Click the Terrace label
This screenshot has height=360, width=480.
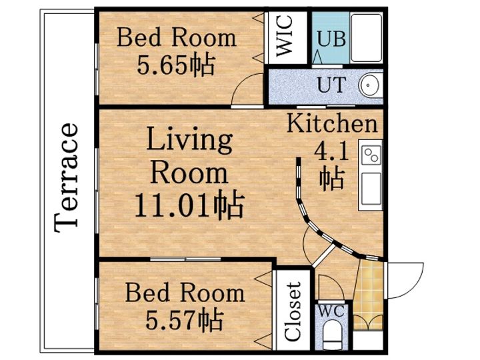point(65,177)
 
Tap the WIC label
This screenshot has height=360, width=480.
point(285,36)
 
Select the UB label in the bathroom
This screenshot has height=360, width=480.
point(331,39)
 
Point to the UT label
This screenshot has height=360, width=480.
point(332,85)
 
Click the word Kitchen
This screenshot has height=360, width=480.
point(332,123)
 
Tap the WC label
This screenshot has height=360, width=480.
point(331,311)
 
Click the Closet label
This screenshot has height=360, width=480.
point(293,311)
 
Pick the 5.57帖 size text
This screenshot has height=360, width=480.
point(184,321)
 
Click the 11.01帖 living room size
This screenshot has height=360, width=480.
point(189,205)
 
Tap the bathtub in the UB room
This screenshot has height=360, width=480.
point(367,37)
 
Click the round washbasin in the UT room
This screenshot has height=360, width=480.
point(369,85)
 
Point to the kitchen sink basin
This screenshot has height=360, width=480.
point(371,189)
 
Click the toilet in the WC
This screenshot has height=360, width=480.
point(332,334)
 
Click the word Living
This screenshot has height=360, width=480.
point(189,139)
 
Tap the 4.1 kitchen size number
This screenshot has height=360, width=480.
point(332,152)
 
